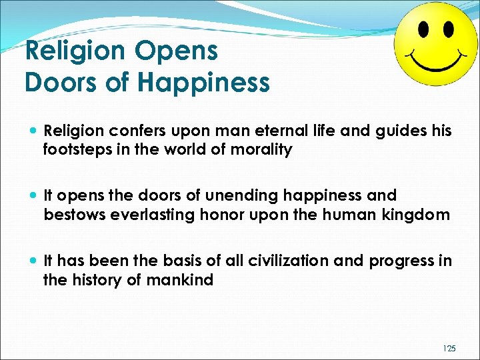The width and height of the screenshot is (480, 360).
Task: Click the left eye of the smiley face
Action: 423,30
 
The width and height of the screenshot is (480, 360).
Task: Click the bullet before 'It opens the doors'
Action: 33,197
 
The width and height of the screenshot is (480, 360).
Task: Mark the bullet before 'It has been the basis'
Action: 33,261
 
